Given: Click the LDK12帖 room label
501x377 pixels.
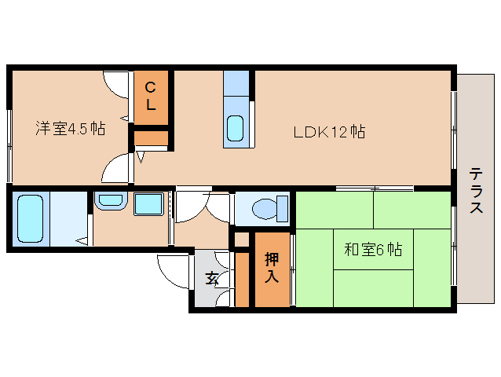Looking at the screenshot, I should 329,132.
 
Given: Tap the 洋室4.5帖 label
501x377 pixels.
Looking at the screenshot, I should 71,129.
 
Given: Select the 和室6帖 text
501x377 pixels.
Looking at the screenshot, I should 373,250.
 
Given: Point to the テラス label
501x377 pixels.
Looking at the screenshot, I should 476,191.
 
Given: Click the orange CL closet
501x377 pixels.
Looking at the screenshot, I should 152,97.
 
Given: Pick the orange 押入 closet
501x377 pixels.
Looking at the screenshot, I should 271,268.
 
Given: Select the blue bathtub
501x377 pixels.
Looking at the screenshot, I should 32,218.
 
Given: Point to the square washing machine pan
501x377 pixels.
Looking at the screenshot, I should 148,205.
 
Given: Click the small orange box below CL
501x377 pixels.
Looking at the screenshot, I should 151,138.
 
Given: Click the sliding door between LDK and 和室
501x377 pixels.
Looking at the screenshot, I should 375,188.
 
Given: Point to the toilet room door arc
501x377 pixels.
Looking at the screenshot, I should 220,207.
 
